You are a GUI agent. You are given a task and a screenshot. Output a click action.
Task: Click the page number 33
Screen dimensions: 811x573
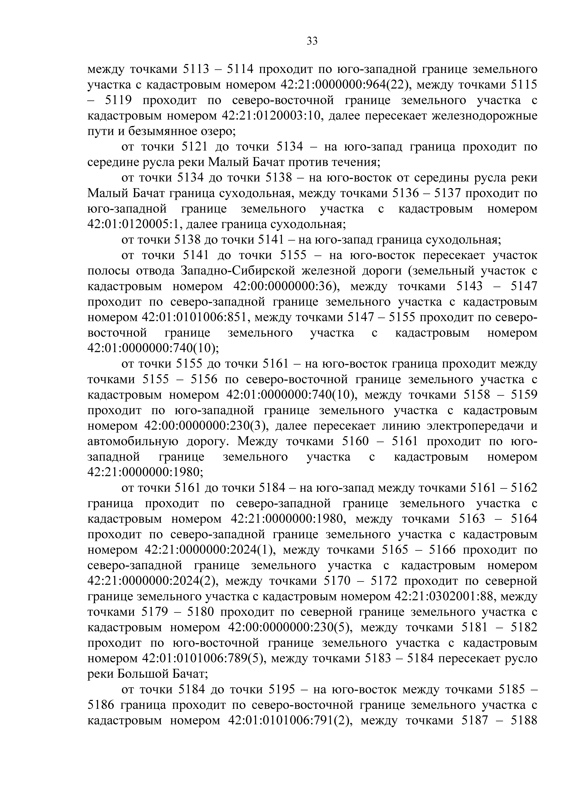point(312,41)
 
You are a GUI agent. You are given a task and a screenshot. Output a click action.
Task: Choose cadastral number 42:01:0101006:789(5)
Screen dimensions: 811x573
point(202,659)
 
